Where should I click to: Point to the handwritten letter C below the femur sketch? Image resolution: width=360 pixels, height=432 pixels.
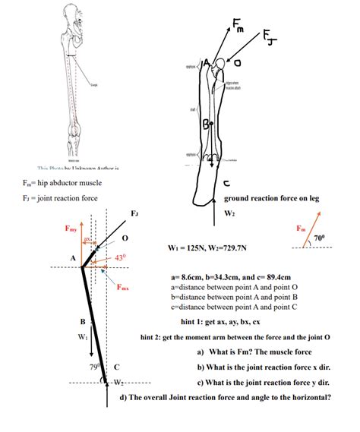click(227, 183)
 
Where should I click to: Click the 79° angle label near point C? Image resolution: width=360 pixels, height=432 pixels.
click(93, 367)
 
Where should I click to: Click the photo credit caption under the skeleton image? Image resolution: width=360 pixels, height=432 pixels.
click(69, 166)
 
